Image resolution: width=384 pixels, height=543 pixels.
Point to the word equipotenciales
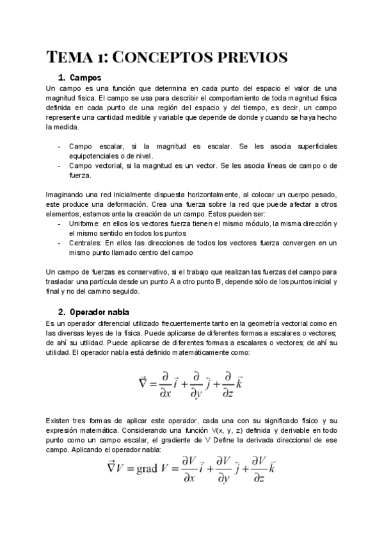coord(98,155)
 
